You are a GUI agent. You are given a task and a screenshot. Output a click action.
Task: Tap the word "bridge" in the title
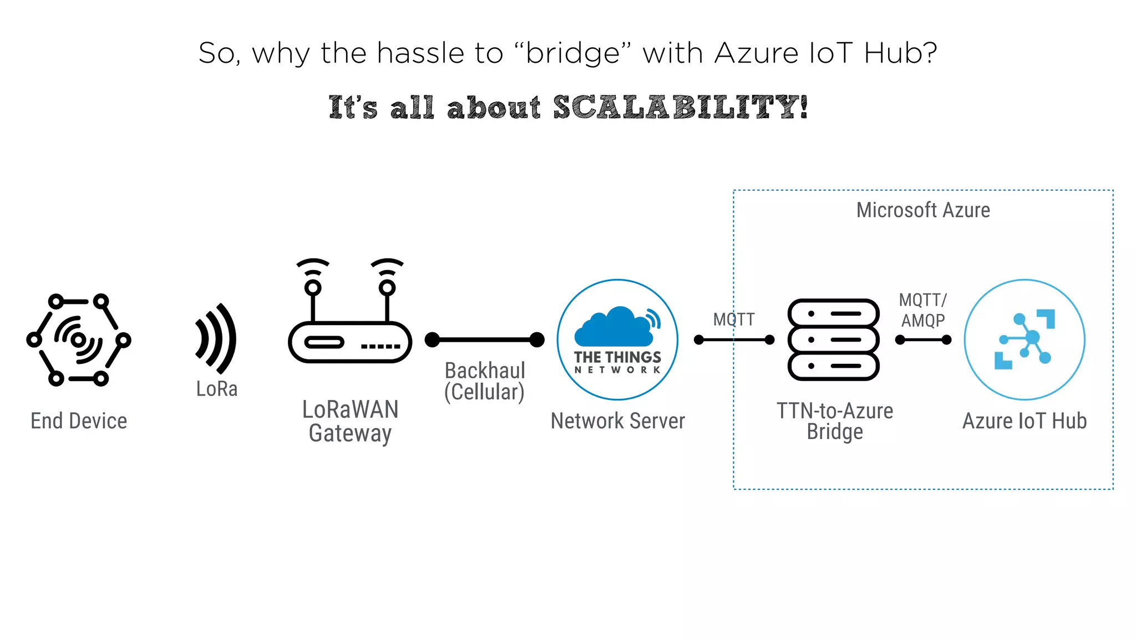[x=572, y=53]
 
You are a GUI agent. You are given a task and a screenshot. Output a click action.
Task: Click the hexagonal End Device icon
[x=78, y=339]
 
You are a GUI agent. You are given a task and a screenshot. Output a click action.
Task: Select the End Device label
[x=79, y=421]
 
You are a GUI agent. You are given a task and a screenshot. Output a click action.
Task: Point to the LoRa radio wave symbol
[x=216, y=338]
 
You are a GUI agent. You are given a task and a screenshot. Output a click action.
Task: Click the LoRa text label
[x=217, y=389]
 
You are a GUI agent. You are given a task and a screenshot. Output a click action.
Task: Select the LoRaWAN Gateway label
[x=350, y=421]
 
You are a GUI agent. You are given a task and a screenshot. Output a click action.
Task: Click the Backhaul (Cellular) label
[x=484, y=381]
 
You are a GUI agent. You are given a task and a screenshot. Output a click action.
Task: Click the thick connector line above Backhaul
[x=484, y=339]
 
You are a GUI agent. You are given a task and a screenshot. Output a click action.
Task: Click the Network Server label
[x=617, y=421]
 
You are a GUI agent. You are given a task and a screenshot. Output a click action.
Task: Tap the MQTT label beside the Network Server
[x=733, y=319]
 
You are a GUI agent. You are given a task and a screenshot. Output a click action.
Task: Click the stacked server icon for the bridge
[x=834, y=339]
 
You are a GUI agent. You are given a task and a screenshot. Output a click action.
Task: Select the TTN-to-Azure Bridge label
[x=835, y=421]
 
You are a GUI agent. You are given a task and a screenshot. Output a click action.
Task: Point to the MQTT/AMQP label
[x=923, y=310]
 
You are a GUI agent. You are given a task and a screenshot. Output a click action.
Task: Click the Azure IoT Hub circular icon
[x=1025, y=339]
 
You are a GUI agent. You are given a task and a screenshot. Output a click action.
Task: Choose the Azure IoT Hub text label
[x=1025, y=421]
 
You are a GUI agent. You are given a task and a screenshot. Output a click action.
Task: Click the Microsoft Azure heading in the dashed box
[x=923, y=210]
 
